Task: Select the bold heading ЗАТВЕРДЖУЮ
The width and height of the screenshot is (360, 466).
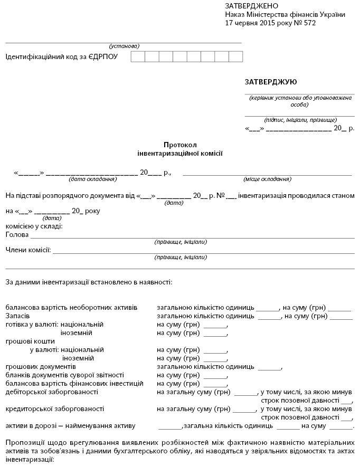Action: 271,82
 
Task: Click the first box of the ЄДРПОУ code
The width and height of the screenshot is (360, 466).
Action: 137,56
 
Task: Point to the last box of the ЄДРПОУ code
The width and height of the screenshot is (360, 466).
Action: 236,56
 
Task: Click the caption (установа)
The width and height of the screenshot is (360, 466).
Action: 124,45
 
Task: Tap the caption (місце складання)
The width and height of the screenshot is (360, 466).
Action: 268,179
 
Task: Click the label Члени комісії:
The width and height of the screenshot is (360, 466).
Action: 29,250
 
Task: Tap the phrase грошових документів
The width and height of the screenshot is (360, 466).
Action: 41,366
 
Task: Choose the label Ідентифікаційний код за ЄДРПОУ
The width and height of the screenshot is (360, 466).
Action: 62,56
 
